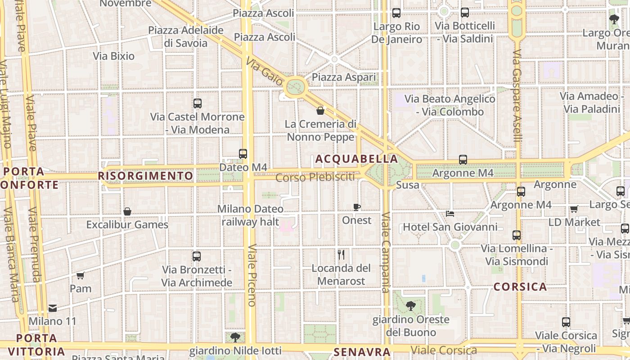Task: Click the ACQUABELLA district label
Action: [x=356, y=159]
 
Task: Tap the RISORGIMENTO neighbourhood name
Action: [x=145, y=175]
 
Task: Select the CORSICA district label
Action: [x=520, y=287]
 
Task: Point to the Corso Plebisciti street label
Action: [x=315, y=177]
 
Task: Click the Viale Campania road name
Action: [x=386, y=252]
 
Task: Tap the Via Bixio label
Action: [x=114, y=56]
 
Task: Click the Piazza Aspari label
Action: [x=344, y=77]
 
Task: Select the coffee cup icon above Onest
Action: [x=357, y=207]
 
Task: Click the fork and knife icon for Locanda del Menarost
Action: [x=341, y=255]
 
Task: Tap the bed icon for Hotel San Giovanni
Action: [x=450, y=213]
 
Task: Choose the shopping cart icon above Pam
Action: [x=81, y=275]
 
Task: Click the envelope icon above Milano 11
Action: [x=53, y=308]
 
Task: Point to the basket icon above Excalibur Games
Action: [x=127, y=211]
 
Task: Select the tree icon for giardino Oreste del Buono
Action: [x=410, y=306]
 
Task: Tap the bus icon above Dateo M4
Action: [x=243, y=154]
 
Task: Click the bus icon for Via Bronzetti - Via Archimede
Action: [x=197, y=256]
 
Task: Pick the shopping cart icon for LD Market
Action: [x=574, y=209]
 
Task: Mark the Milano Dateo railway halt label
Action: [x=250, y=215]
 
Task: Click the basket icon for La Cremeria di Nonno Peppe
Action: [x=320, y=111]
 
